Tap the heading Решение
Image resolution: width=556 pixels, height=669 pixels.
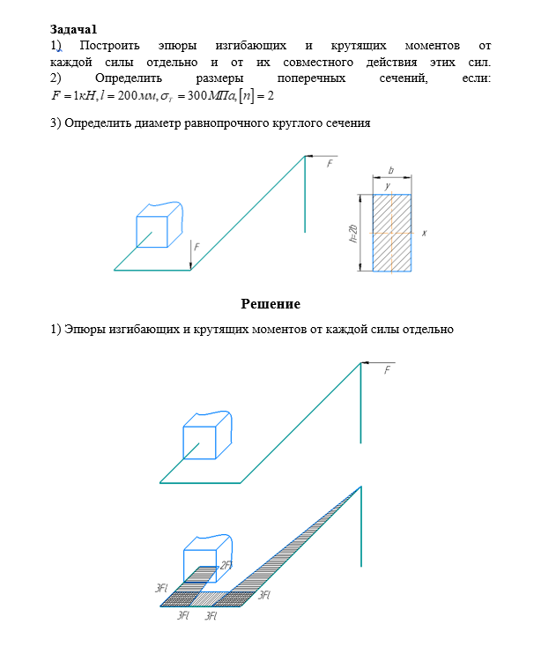click(x=271, y=304)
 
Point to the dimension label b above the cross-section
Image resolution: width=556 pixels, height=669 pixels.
click(x=390, y=170)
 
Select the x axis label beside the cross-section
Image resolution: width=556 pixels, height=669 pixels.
click(x=424, y=234)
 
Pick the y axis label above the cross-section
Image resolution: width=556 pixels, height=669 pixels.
click(x=387, y=186)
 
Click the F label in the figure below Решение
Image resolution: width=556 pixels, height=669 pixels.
click(x=386, y=371)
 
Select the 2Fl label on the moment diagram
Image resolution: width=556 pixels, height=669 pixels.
click(x=226, y=565)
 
